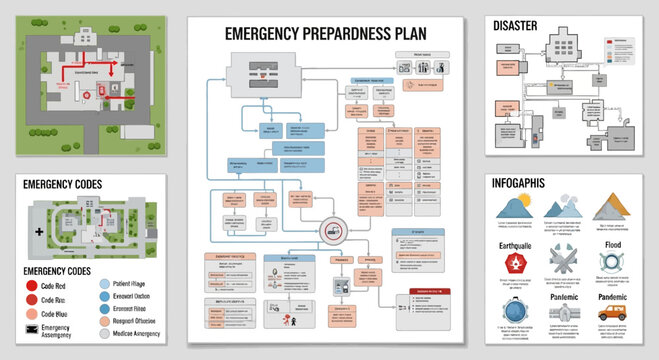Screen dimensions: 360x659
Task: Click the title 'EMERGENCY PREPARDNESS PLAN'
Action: coord(325,33)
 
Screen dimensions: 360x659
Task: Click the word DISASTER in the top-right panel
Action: coord(523,25)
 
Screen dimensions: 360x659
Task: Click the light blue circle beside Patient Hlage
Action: coord(106,283)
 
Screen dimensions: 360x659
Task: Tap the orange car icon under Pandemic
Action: coord(611,313)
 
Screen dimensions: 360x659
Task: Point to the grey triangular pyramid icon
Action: coord(610,207)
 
